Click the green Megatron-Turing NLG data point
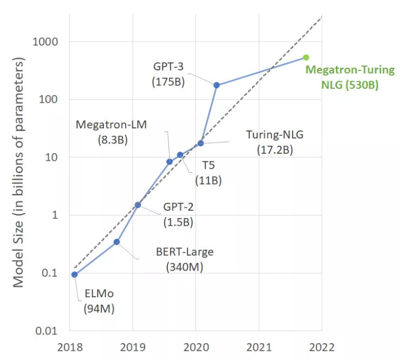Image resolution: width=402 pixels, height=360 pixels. click(x=306, y=57)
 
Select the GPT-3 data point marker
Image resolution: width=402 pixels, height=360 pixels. click(x=217, y=85)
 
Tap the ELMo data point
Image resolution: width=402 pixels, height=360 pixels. click(x=74, y=274)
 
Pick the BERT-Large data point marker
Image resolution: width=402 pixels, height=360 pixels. click(x=116, y=241)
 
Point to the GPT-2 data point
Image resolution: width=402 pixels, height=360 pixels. click(x=138, y=205)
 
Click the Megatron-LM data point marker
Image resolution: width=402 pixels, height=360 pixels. click(x=170, y=161)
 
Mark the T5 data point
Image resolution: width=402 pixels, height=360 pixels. click(x=180, y=155)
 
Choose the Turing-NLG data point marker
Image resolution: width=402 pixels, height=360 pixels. click(x=200, y=143)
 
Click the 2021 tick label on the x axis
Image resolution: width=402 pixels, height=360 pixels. click(x=258, y=347)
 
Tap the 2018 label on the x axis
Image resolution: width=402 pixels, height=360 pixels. click(x=69, y=347)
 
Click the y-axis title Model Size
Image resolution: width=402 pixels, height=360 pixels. click(x=19, y=174)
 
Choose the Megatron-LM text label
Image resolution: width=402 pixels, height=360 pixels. click(x=111, y=124)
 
